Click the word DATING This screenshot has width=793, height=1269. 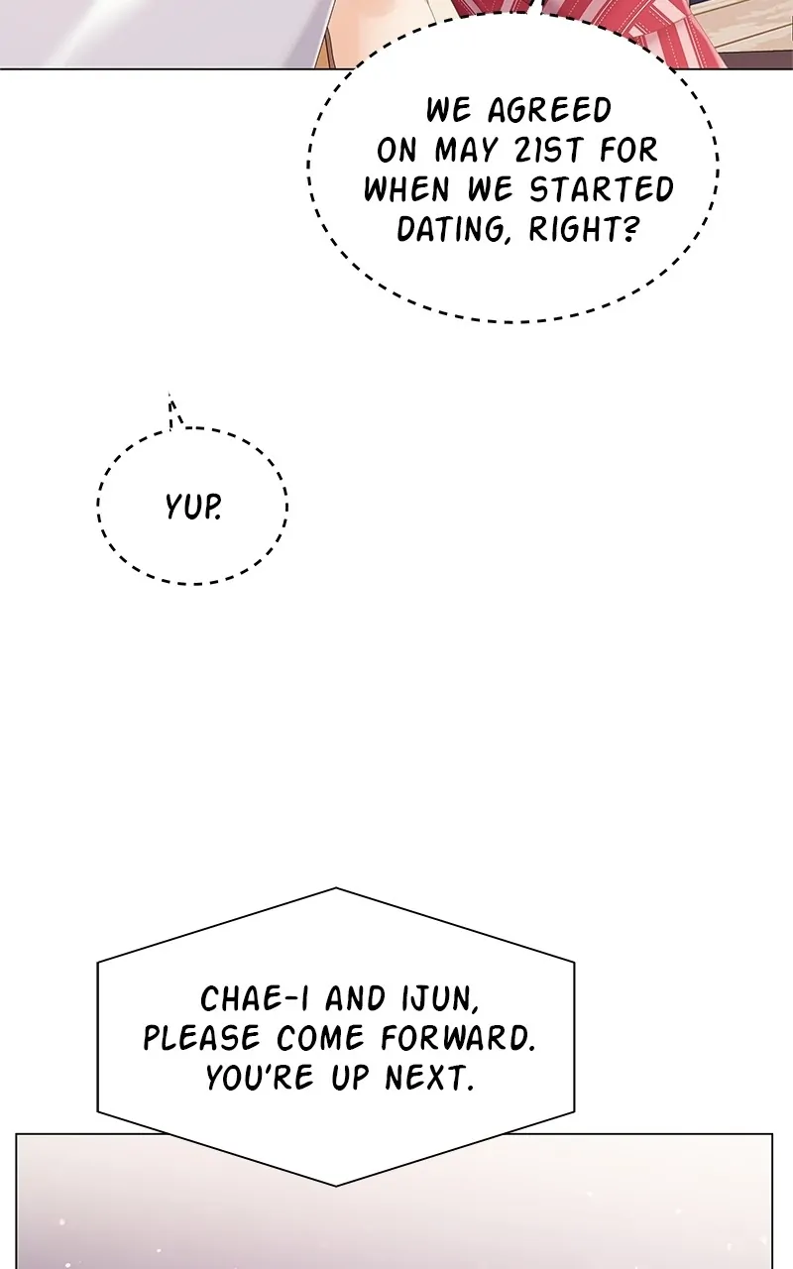(x=452, y=229)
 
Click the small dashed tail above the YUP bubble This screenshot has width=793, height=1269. (x=174, y=410)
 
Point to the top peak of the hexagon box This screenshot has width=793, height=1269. (x=336, y=889)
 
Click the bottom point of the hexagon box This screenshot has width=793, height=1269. (x=336, y=1185)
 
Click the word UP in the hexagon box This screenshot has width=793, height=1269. (x=348, y=1078)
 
